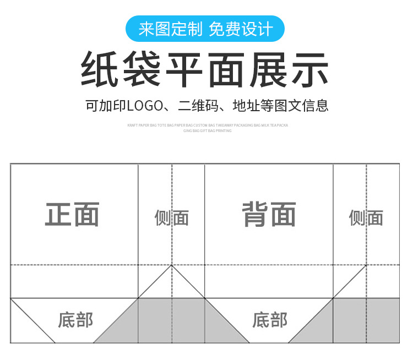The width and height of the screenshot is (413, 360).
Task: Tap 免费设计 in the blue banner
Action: point(241,29)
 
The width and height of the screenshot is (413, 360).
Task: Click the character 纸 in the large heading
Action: point(101,70)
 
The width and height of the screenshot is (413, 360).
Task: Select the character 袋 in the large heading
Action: point(142,70)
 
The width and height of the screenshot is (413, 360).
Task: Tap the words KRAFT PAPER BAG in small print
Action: point(142,126)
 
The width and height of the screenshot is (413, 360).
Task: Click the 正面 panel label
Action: point(72,214)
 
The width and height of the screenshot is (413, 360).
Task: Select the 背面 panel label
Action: point(269,214)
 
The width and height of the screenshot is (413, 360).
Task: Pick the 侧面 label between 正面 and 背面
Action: point(171,218)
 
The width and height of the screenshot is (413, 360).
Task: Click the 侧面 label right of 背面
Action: point(366,218)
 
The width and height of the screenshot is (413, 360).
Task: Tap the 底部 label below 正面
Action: point(75,320)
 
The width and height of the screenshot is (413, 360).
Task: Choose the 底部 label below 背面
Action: point(270,320)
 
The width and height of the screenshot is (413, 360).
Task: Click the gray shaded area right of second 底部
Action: point(358,322)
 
